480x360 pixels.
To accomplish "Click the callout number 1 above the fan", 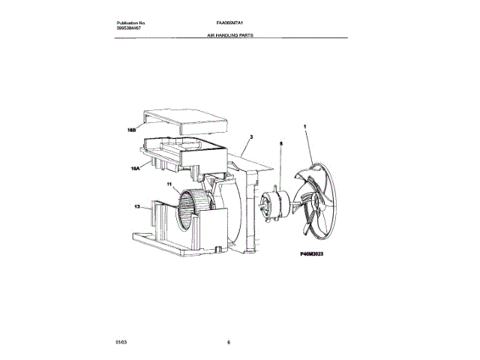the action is [306, 128].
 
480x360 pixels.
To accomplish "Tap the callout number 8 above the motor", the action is [281, 142].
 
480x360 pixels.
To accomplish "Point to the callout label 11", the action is [169, 184].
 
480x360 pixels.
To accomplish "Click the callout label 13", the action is [137, 206].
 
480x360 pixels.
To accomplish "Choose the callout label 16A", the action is [136, 169].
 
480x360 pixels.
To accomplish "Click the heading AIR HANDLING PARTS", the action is [231, 34].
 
